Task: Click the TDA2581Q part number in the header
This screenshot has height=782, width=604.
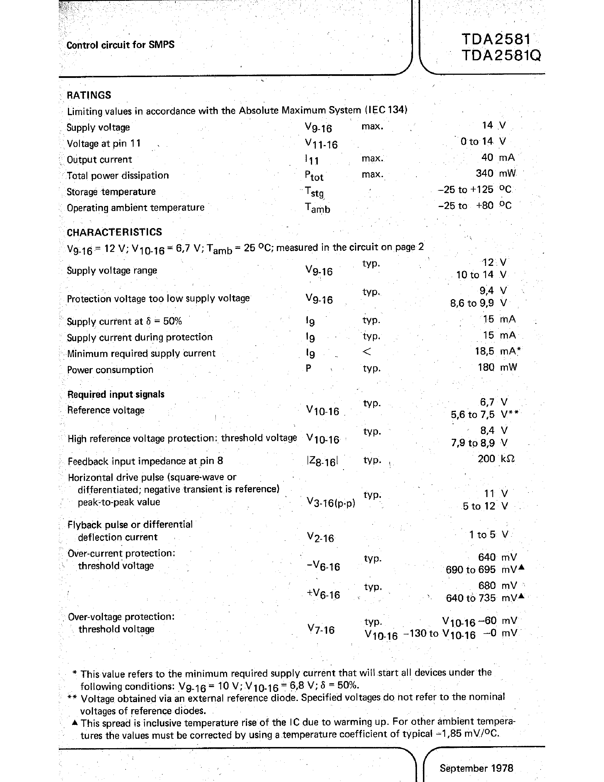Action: coord(501,56)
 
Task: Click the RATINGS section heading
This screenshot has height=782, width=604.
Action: coord(89,95)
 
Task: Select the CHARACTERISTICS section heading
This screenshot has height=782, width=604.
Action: coord(114,232)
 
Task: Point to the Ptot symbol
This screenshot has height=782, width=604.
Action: coord(314,176)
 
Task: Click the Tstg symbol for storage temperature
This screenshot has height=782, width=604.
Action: coord(314,192)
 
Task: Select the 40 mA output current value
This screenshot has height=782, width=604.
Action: coord(498,158)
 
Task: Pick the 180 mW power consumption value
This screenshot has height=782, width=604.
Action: coord(497,367)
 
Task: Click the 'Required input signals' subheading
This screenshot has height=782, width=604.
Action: coord(116,394)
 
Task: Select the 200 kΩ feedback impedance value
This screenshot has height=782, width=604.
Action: coord(496,459)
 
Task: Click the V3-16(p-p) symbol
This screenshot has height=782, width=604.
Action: coord(331,503)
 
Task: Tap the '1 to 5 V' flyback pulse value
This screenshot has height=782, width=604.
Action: coord(488,535)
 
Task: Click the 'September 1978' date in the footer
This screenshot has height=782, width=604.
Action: coord(476,768)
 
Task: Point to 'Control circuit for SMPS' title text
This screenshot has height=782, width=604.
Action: coord(120,45)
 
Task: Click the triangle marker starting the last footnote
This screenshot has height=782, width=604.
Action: coord(74,723)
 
